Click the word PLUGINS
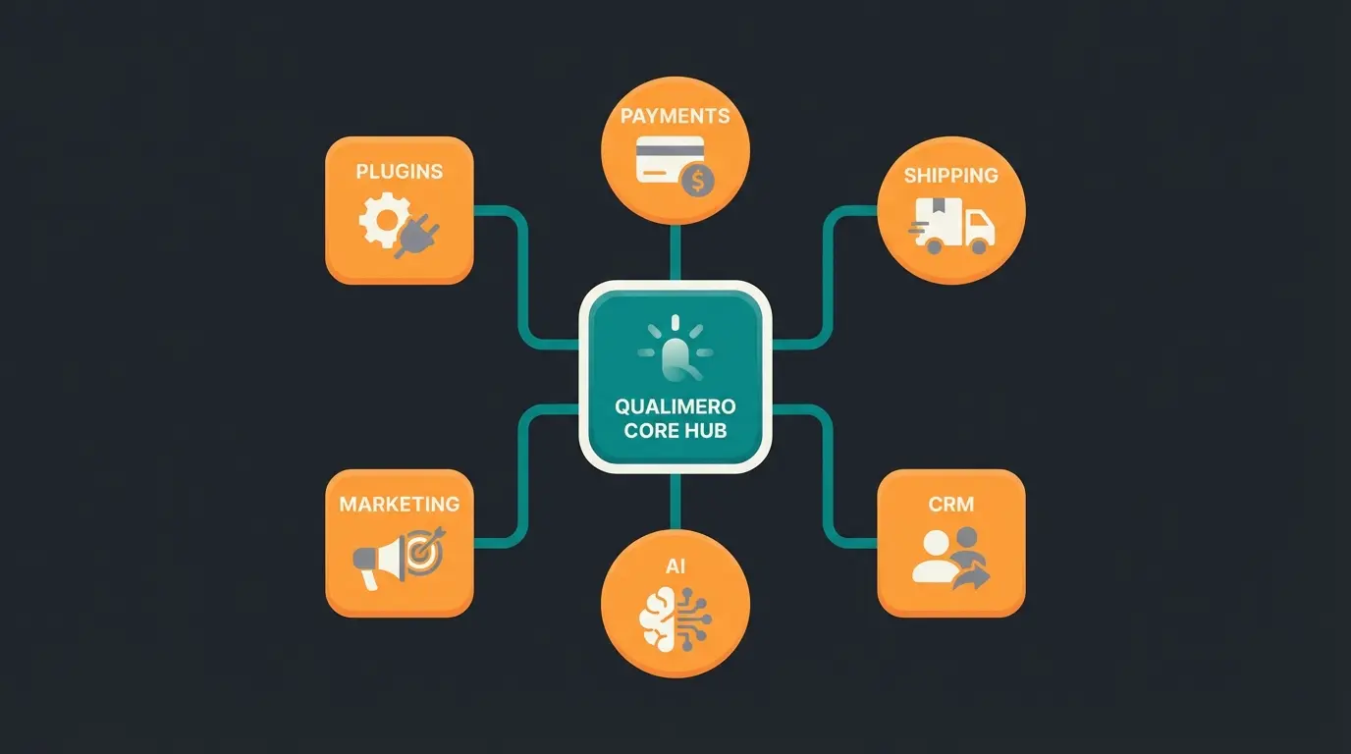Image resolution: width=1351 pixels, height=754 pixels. (x=399, y=171)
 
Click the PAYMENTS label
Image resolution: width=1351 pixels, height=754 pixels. (x=675, y=116)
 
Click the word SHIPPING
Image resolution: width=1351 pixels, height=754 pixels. (x=950, y=176)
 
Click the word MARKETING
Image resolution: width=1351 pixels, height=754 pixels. (x=399, y=504)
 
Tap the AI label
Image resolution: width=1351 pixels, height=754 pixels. (x=675, y=567)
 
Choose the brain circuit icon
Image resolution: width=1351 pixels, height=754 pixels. (x=675, y=618)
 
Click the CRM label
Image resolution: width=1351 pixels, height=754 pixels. (x=950, y=504)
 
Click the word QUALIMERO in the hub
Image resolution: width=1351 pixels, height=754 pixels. (x=675, y=406)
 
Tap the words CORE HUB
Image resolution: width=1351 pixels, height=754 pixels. (x=675, y=430)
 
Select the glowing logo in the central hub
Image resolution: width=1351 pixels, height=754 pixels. (x=675, y=349)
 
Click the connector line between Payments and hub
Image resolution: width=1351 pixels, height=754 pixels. (x=675, y=253)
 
